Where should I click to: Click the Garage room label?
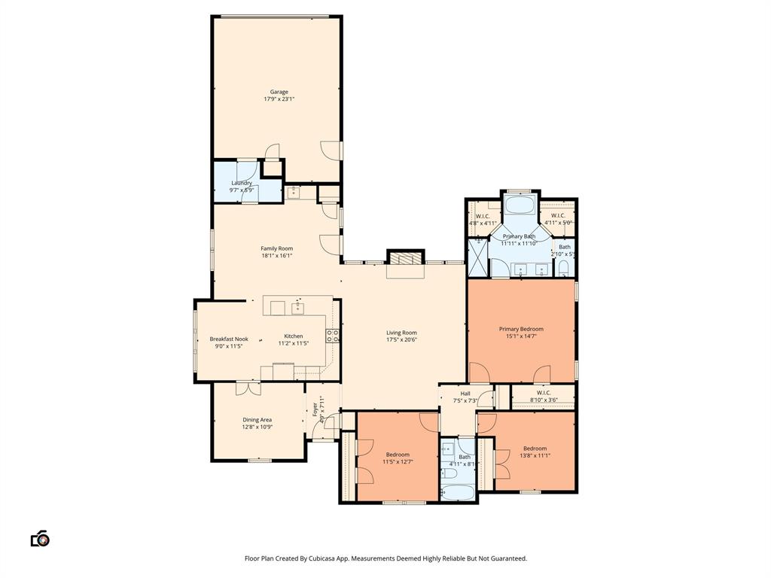279,92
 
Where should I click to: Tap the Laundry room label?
242,183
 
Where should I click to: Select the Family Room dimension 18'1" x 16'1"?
276,256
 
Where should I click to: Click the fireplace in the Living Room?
405,259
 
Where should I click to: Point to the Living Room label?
401,333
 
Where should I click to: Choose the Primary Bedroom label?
521,329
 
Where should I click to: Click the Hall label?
465,393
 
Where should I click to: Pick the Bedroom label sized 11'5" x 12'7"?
398,455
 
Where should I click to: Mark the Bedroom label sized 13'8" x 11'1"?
535,449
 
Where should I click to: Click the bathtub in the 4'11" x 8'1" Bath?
458,493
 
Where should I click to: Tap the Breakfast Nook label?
229,339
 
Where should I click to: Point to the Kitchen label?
294,336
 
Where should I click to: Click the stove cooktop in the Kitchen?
332,335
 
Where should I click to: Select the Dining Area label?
258,420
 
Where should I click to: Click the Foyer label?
315,410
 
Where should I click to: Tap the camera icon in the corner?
40,539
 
